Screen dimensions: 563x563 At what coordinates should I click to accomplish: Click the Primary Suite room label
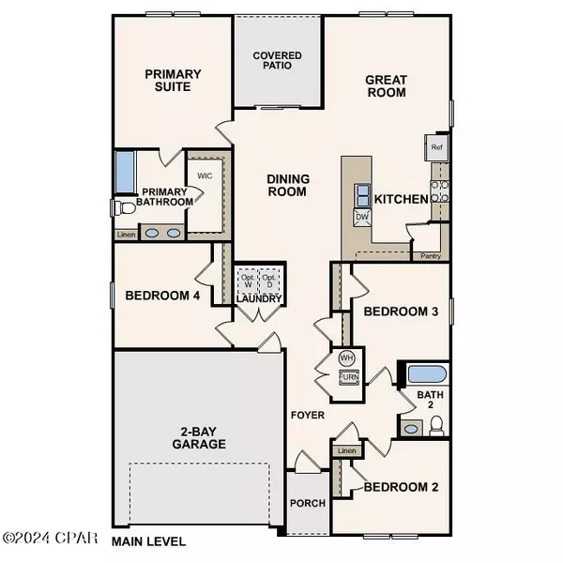coord(168,80)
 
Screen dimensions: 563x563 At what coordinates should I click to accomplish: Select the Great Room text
coord(385,86)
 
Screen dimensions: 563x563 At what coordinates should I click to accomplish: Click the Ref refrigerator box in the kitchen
coord(436,147)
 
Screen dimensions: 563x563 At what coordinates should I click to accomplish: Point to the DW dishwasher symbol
coord(361,218)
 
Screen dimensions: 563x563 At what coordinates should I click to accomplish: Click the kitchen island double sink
coord(361,194)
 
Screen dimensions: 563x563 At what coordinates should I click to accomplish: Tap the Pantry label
coord(431,255)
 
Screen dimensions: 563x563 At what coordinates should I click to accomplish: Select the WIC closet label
coord(205,175)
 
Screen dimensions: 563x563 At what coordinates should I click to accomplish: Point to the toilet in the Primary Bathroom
coord(119,207)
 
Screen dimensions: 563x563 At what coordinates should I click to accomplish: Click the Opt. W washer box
coord(248,282)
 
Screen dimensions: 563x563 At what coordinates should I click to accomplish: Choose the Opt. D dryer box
coord(270,282)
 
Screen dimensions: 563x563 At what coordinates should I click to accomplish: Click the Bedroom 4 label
coord(162,297)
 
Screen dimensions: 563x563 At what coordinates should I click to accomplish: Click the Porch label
coord(307,504)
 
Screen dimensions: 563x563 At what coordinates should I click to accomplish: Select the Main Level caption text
coord(148,541)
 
